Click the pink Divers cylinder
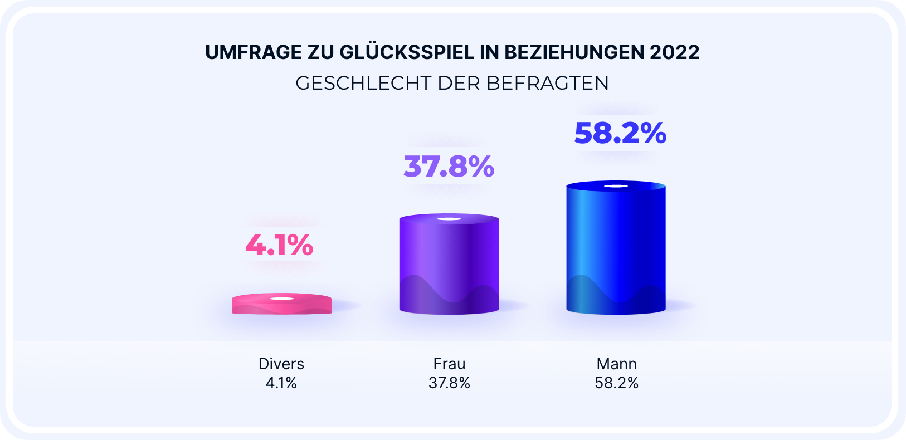click(x=281, y=305)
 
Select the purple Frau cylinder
click(x=449, y=265)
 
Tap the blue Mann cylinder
click(x=616, y=248)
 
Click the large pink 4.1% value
click(x=280, y=245)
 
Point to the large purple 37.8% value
click(x=449, y=167)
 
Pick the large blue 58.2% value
click(x=620, y=133)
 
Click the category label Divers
click(x=281, y=364)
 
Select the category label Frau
click(x=449, y=364)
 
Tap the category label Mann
click(x=616, y=364)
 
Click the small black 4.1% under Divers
click(x=281, y=383)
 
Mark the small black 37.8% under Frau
click(x=449, y=383)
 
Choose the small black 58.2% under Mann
click(x=616, y=383)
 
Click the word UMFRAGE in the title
click(x=253, y=52)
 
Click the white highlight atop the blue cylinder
click(x=616, y=186)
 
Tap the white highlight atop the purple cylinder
click(x=449, y=219)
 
